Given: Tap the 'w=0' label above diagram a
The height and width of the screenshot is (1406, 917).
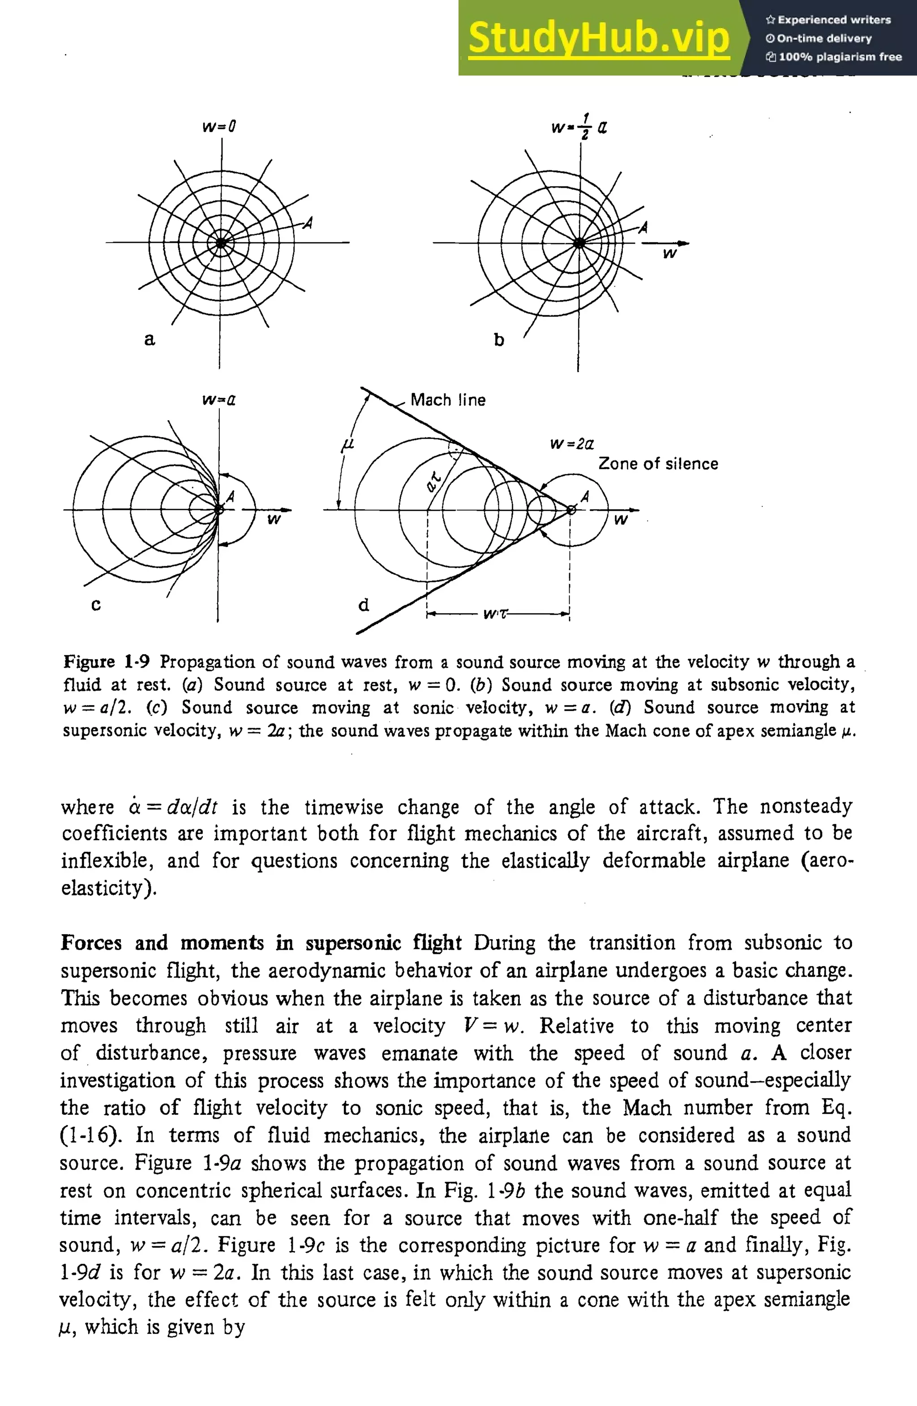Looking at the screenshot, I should pos(219,126).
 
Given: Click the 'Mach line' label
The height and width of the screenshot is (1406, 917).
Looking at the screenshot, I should pos(448,400).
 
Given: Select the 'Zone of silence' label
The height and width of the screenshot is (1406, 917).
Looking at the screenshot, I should pos(658,464).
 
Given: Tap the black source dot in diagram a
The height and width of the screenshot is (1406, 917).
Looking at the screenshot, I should pos(221,243).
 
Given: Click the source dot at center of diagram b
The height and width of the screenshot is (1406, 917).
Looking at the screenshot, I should pos(579,243).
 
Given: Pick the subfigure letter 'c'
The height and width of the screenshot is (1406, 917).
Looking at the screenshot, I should pos(96,605).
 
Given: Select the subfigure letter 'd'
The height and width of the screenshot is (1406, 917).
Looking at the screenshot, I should pos(364,604).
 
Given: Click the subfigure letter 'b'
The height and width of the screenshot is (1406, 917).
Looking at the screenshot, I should pos(499,340).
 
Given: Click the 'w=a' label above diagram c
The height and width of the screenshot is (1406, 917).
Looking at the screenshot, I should pos(219,400).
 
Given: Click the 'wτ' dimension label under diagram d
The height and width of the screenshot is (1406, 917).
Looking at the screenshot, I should pos(495,614).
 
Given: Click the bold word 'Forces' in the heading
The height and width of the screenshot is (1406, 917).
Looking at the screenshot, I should pos(91,942).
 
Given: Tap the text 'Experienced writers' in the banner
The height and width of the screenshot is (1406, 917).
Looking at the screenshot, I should pos(834,20).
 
